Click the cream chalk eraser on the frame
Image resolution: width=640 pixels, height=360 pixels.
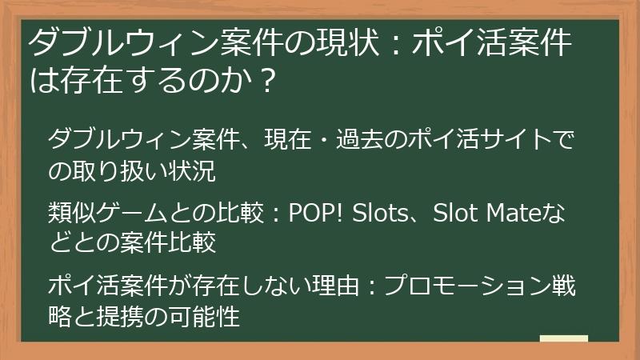563,338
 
